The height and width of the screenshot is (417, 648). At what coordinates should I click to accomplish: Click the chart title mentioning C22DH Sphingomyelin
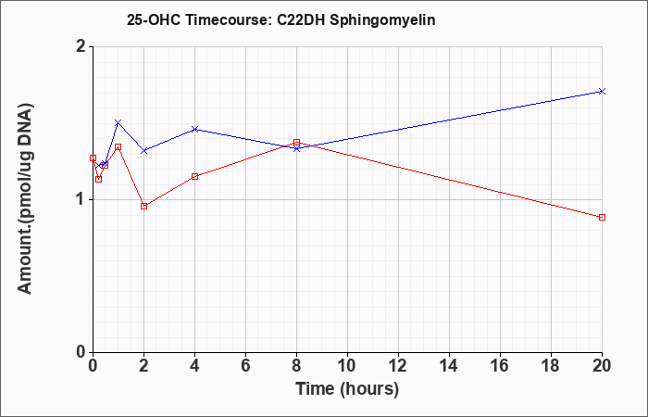[281, 19]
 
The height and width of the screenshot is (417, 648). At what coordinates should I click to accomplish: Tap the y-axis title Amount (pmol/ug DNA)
[26, 199]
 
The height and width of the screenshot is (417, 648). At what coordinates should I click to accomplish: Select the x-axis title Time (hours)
[347, 389]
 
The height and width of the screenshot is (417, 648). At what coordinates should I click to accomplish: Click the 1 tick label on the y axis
[82, 200]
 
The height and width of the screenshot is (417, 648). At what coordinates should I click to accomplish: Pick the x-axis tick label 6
[245, 366]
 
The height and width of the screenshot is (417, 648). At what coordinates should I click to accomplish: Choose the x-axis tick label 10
[347, 366]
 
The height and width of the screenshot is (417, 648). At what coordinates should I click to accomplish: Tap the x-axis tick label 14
[449, 366]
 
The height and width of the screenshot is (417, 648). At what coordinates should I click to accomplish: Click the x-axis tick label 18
[551, 366]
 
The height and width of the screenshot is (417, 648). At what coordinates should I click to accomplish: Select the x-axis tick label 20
[602, 366]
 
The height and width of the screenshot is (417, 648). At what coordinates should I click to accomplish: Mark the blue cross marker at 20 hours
[602, 91]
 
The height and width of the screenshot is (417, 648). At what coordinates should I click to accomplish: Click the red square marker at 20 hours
[602, 217]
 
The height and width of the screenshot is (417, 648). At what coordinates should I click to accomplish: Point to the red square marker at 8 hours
[297, 143]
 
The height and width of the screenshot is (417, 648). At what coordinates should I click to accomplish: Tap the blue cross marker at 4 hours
[195, 129]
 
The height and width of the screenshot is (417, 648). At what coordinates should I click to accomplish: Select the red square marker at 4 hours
[195, 177]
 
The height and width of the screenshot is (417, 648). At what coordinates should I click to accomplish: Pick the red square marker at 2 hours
[143, 206]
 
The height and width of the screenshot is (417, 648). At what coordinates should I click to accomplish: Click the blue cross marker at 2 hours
[143, 150]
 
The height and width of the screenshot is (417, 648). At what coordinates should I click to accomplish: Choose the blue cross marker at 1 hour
[118, 122]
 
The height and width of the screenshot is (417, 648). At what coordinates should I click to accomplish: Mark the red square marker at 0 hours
[93, 158]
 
